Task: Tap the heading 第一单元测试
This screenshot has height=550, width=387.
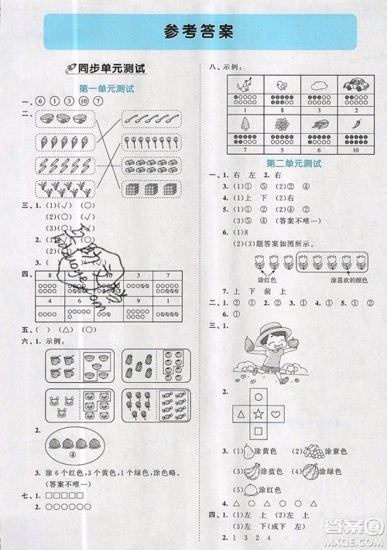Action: click(x=106, y=90)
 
